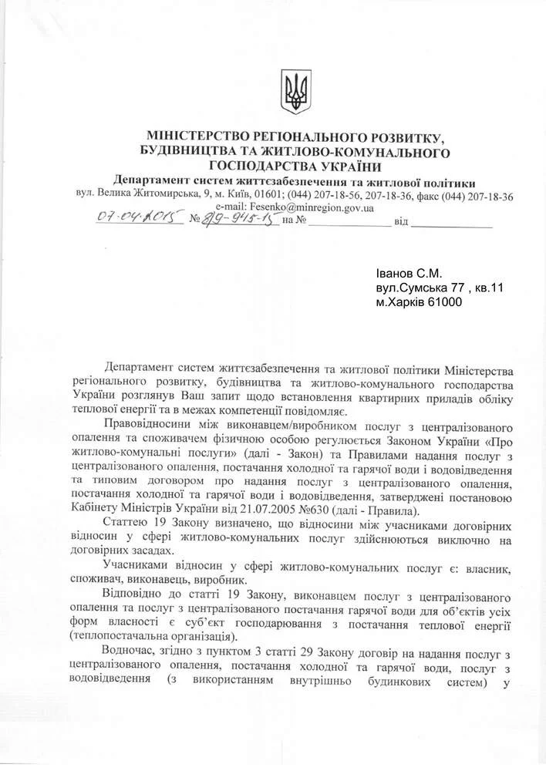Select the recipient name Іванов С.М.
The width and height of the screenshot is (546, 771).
point(409,274)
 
